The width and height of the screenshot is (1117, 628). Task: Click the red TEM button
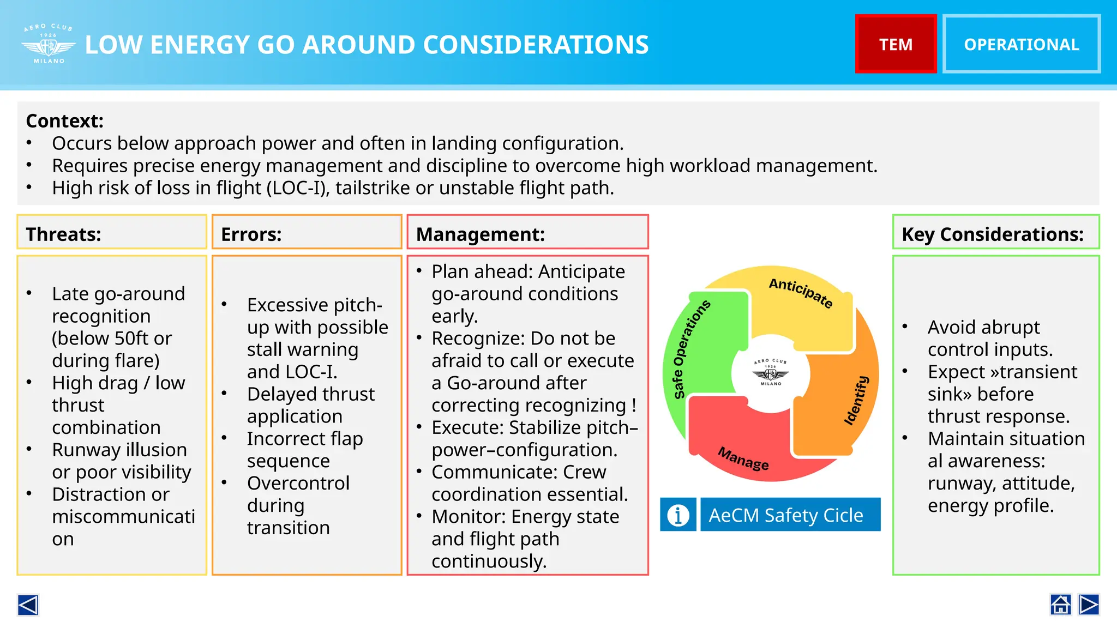896,44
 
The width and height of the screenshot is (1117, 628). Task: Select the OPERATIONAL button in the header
1021,44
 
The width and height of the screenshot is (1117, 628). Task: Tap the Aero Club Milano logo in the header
49,45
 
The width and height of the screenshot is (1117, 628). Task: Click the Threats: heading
63,234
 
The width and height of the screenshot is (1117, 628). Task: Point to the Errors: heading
251,234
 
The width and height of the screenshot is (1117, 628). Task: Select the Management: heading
481,234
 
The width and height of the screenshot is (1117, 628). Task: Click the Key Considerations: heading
993,234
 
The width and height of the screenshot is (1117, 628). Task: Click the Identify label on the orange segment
856,400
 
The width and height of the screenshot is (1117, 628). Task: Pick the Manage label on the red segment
743,458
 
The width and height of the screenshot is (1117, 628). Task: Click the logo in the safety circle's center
771,373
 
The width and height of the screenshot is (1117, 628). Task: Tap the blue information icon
678,515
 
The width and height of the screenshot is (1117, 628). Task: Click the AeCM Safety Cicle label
786,515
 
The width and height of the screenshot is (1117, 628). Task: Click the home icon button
1060,605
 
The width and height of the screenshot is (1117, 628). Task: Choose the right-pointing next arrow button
1089,605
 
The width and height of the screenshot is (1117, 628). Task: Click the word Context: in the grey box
64,121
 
